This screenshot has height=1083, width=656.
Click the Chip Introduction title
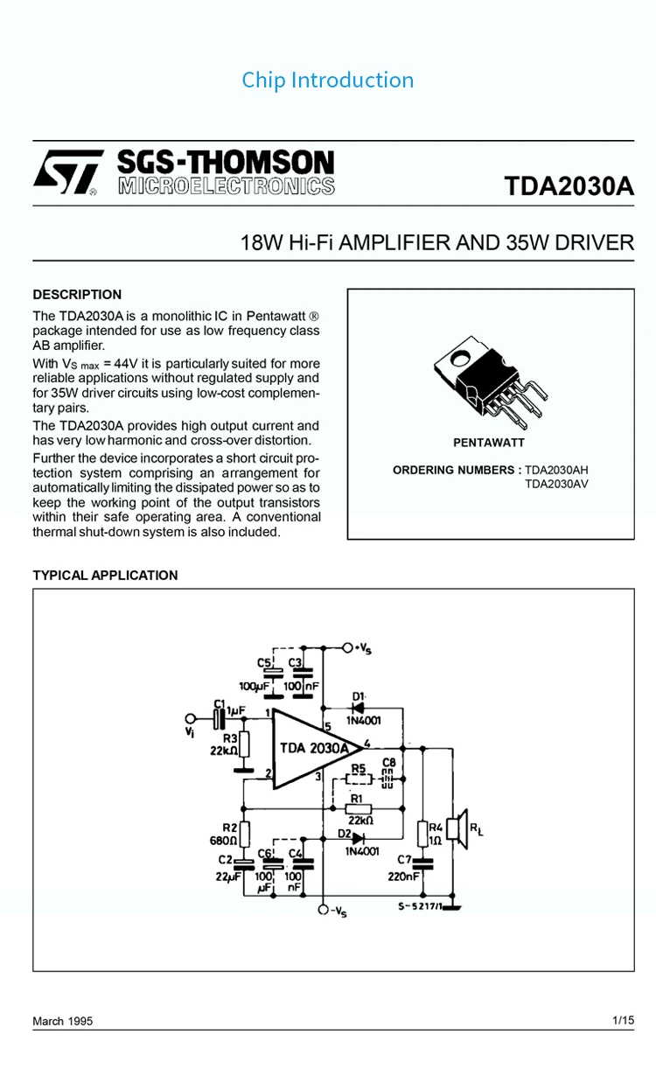coord(328,80)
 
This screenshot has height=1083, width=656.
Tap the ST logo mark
coord(68,172)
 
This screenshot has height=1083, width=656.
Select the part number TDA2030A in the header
coord(569,187)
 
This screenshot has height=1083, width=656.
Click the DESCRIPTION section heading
coord(77,295)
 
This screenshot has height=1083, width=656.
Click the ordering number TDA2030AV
coord(556,483)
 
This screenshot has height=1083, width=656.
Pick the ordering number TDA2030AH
coord(556,470)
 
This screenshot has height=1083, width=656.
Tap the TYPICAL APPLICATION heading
coord(105,576)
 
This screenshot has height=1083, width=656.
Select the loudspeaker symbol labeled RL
coord(457,829)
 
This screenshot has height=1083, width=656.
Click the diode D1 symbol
coord(359,708)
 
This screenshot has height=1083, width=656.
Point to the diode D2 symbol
coord(357,837)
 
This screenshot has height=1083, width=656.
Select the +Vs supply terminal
coord(348,648)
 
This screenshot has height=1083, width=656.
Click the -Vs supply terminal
coord(324,911)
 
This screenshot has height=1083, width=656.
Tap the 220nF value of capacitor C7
coord(404,875)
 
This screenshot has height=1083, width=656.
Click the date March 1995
coord(62,1021)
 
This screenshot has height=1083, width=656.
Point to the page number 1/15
coord(623,1020)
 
